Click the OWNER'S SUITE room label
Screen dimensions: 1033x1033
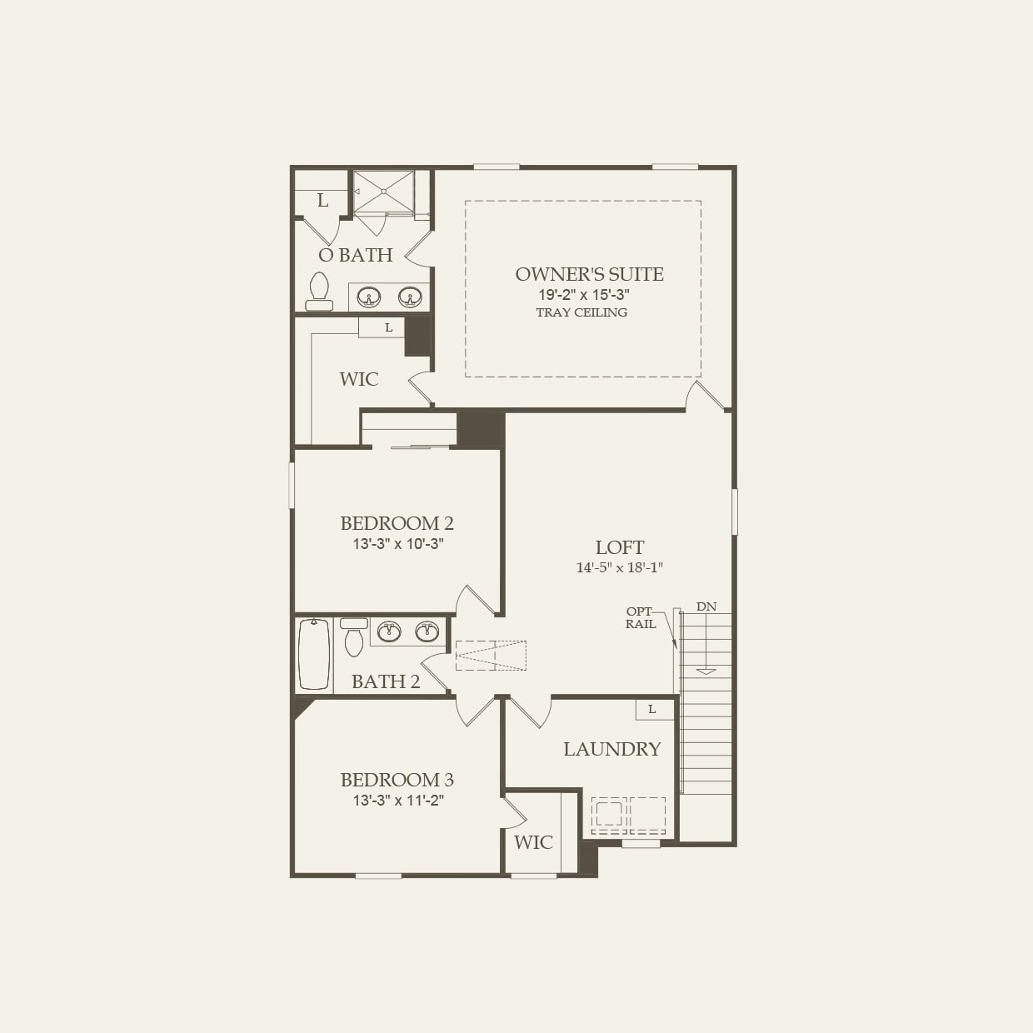click(589, 274)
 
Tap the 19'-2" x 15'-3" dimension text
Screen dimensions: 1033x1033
click(582, 295)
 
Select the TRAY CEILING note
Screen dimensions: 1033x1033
click(581, 312)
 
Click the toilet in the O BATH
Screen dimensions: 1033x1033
click(318, 290)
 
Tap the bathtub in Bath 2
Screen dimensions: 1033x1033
click(314, 655)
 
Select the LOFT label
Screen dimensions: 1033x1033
click(619, 547)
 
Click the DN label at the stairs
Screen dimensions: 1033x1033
click(706, 606)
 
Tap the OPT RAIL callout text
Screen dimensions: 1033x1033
click(641, 617)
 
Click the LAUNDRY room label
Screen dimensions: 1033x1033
click(611, 749)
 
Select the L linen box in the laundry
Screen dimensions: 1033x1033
click(652, 709)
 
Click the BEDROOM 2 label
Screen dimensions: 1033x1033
click(397, 523)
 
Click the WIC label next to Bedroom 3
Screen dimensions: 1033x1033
click(533, 841)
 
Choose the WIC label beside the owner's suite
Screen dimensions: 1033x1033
click(358, 379)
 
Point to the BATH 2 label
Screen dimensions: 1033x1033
click(385, 681)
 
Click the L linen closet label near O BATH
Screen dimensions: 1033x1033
click(322, 201)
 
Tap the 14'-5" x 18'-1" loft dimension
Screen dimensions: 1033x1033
click(619, 567)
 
